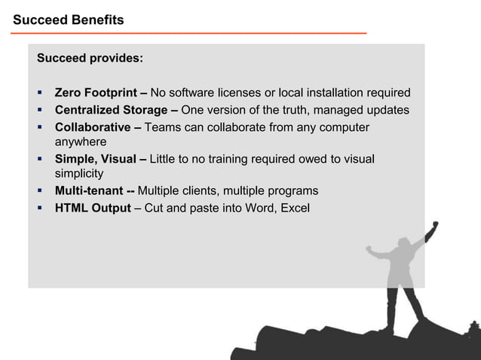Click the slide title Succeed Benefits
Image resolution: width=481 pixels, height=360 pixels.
coord(68,20)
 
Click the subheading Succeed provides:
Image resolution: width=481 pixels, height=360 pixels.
coord(90,58)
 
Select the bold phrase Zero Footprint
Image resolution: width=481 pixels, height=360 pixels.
coord(94,93)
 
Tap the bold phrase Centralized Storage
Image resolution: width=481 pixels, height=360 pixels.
coord(111,111)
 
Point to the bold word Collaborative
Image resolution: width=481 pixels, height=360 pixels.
coord(93,127)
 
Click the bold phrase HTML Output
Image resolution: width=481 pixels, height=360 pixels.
coord(93,207)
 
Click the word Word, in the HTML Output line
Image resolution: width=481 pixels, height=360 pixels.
coord(256,207)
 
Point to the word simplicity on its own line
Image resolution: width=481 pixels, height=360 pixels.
coord(79,173)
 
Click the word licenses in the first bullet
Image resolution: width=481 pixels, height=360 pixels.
coord(238,93)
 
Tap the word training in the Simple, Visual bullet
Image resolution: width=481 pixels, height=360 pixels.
coord(230,159)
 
